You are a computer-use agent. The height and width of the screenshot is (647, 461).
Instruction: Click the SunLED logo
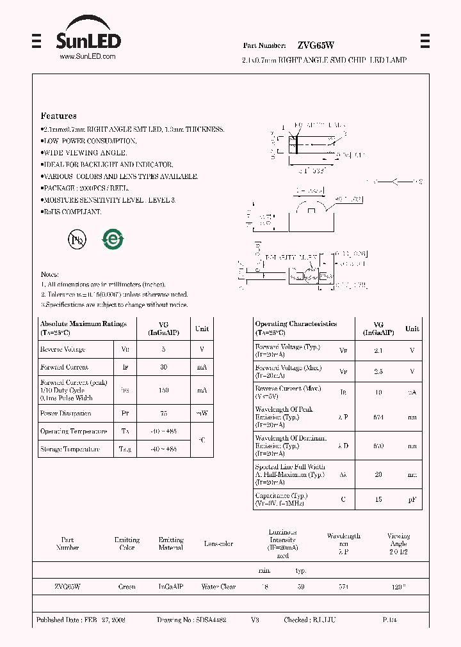click(89, 36)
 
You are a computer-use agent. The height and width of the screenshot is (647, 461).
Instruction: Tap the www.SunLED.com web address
click(88, 57)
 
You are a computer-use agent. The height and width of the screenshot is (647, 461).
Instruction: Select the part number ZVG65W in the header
click(315, 45)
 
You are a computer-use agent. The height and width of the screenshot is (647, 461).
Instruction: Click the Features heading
click(59, 116)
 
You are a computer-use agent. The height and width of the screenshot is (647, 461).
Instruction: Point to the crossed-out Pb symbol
click(77, 239)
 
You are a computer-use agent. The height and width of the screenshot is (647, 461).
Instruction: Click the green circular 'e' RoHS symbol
click(113, 239)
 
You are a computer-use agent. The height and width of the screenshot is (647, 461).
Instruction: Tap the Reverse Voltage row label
click(63, 350)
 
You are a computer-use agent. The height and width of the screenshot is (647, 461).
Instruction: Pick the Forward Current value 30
click(163, 367)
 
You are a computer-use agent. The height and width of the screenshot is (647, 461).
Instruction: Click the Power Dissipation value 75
click(163, 414)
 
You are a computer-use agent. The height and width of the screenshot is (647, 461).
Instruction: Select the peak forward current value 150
click(163, 390)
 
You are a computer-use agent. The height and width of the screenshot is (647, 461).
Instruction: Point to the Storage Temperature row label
click(70, 449)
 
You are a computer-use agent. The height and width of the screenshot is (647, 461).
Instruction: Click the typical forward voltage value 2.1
click(378, 350)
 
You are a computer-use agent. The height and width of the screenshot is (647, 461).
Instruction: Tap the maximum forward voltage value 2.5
click(378, 371)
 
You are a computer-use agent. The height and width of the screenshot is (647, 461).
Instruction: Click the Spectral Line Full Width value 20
click(378, 475)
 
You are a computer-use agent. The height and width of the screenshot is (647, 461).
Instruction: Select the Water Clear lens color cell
click(218, 586)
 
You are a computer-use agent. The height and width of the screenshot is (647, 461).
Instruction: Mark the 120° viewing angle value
click(398, 586)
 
